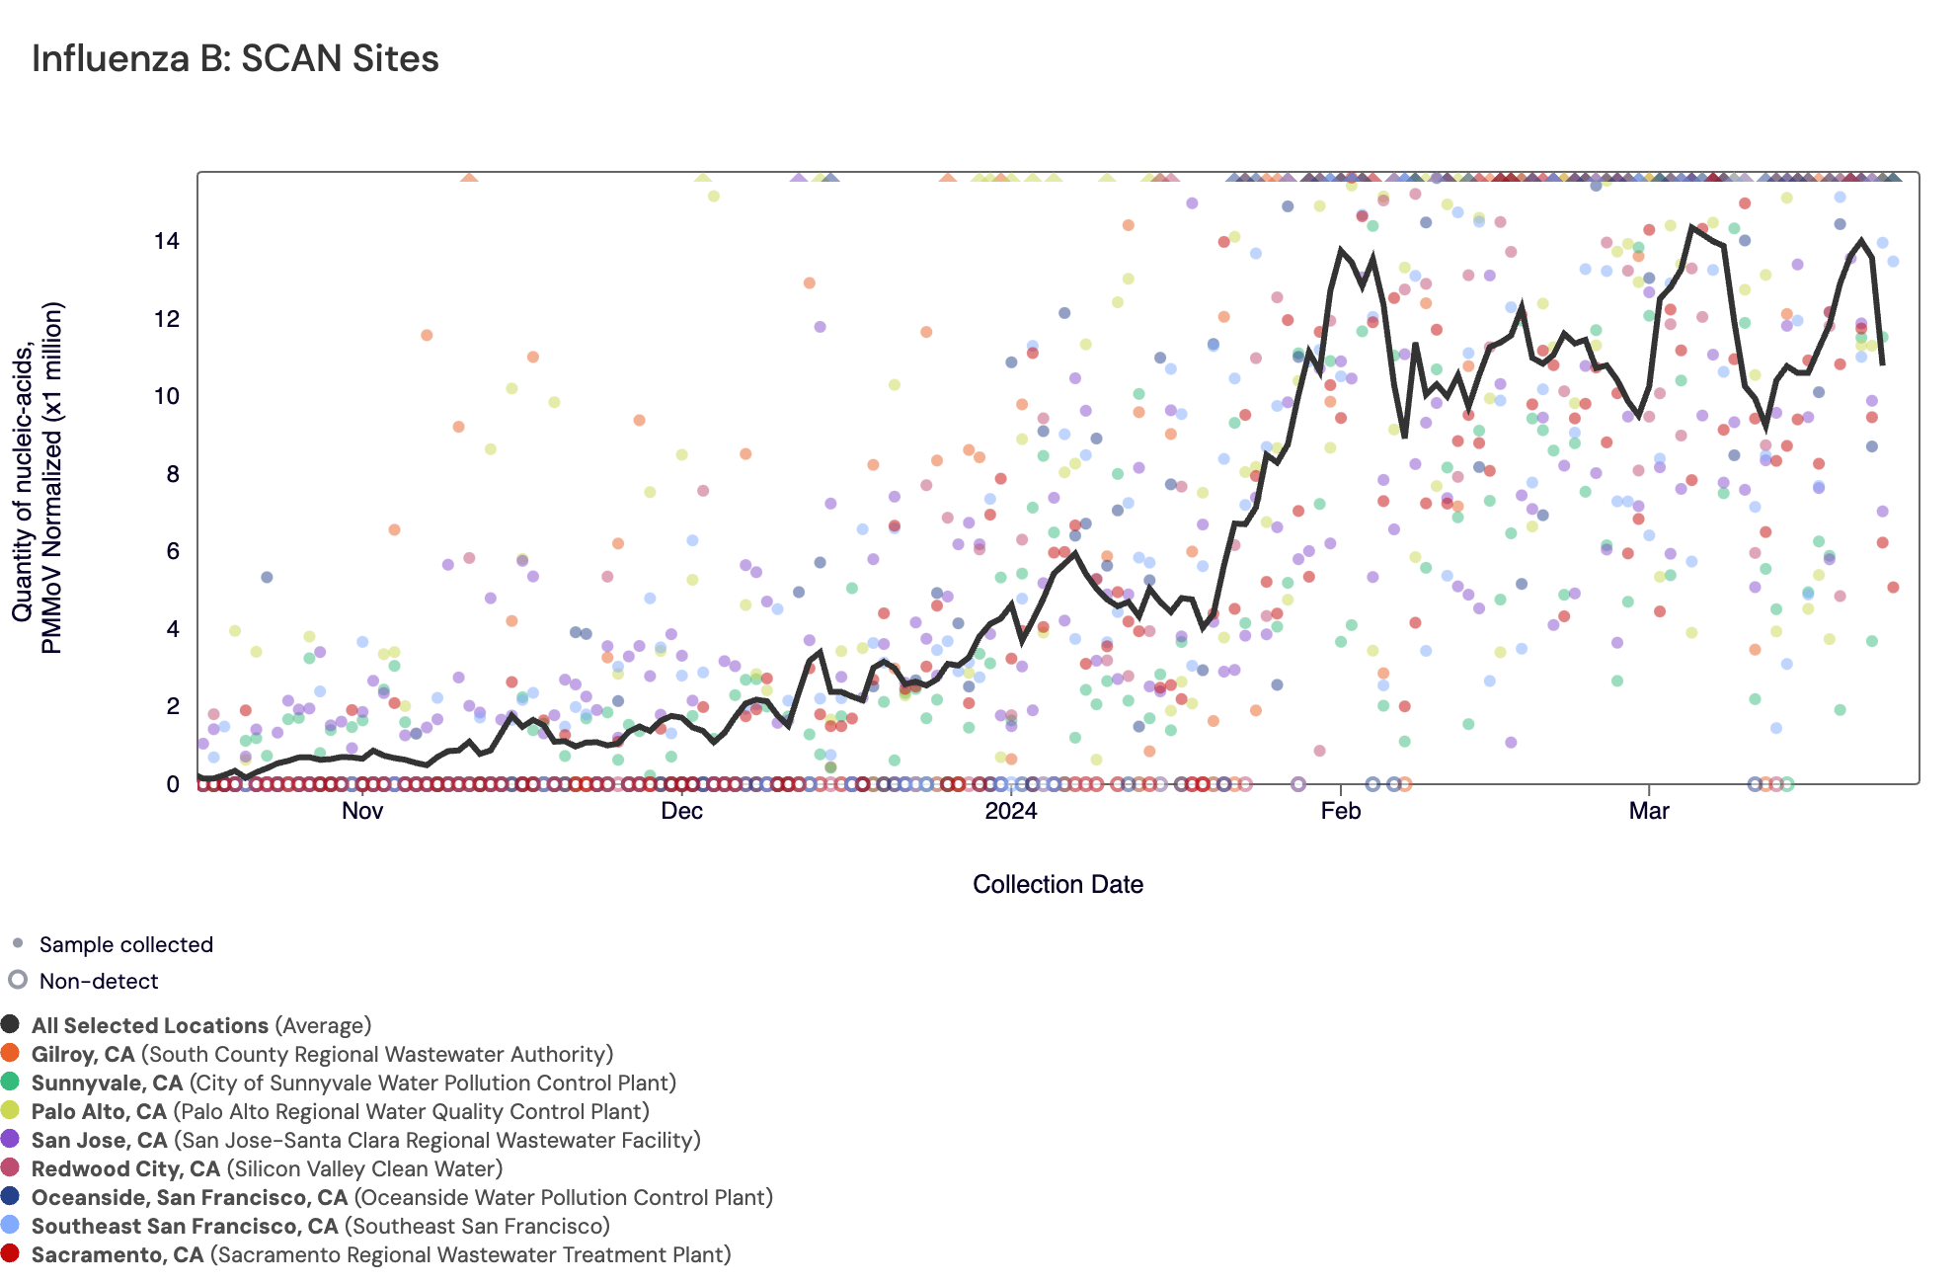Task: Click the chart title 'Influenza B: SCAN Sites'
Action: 235,59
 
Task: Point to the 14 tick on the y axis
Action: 167,241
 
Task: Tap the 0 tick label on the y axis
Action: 173,784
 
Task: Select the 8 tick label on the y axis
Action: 173,474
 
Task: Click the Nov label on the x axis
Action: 362,811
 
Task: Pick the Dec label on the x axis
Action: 681,811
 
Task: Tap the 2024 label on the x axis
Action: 1011,811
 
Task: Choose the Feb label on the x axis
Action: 1340,811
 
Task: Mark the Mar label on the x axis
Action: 1649,811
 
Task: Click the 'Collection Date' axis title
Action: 1058,884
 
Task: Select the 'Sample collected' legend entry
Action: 125,945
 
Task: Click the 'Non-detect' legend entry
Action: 98,982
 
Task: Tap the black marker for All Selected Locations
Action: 11,1024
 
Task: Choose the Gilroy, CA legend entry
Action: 322,1055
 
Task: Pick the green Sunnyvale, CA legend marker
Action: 11,1082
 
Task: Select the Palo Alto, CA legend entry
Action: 340,1112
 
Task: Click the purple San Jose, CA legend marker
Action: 11,1139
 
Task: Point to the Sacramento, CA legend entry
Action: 380,1255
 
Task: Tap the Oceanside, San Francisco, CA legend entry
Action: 402,1198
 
